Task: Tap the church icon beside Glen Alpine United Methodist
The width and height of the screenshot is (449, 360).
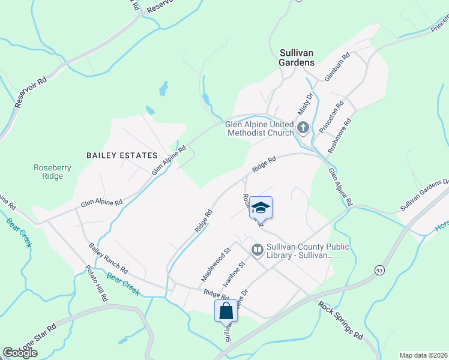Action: [x=303, y=127]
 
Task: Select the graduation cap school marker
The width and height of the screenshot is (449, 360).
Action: [x=261, y=208]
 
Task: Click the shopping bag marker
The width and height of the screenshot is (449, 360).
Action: [x=226, y=311]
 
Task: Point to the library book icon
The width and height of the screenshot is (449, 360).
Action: [x=257, y=249]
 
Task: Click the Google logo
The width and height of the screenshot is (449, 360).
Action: [x=20, y=353]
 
